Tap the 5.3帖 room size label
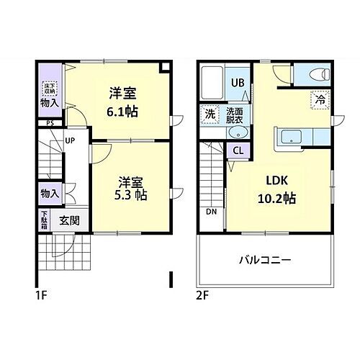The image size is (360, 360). click(x=132, y=195)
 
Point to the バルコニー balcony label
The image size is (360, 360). click(x=265, y=259)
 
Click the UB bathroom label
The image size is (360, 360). click(x=238, y=82)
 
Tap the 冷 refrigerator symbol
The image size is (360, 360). click(x=319, y=100)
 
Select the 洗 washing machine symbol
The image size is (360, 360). click(x=210, y=114)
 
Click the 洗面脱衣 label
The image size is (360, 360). click(x=234, y=114)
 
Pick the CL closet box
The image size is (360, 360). click(x=237, y=150)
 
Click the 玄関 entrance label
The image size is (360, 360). click(x=69, y=220)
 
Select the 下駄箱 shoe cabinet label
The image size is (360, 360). click(x=45, y=220)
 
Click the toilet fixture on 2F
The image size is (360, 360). click(x=318, y=74)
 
